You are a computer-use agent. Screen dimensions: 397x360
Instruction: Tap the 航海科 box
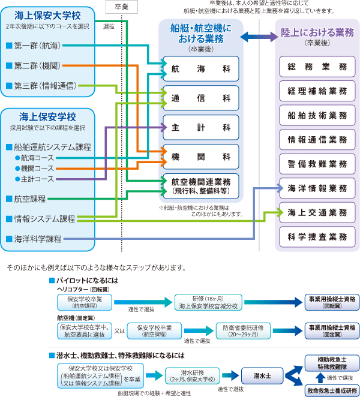(201, 69)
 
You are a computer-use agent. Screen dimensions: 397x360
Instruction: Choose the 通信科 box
(201, 98)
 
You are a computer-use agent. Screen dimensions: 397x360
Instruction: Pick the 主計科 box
(201, 127)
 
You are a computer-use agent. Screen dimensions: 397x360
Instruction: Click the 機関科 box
(201, 156)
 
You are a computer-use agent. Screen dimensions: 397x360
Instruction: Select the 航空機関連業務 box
(201, 184)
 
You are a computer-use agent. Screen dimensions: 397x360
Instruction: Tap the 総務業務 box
(317, 67)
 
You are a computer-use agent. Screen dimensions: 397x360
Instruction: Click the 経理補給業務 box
(317, 91)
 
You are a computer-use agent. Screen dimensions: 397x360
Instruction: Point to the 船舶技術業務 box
(317, 115)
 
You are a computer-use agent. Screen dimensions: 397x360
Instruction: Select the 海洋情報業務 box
(317, 188)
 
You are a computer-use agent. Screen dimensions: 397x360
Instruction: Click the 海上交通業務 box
(317, 212)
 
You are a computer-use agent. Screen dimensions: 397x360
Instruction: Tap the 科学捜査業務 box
(317, 236)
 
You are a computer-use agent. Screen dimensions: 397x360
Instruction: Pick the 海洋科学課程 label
(38, 239)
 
